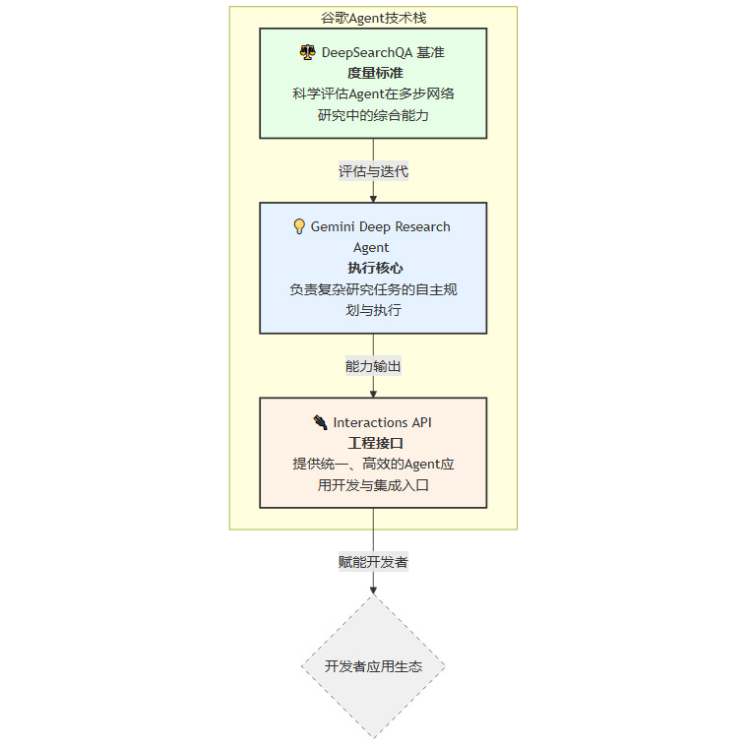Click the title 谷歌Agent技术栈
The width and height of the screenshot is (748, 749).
click(373, 18)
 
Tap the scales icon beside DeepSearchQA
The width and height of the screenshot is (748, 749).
click(307, 52)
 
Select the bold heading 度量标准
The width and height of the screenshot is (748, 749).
click(374, 73)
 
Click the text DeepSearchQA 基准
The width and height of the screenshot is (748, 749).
click(383, 52)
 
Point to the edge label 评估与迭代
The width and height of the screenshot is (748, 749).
click(373, 171)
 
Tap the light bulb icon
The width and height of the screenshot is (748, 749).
click(299, 226)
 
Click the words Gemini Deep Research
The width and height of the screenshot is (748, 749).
click(380, 226)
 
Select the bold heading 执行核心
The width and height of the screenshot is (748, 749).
click(374, 268)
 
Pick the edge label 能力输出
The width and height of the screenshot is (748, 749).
click(373, 366)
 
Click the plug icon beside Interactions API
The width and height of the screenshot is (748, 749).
click(320, 422)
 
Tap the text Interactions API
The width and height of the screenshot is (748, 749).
click(382, 422)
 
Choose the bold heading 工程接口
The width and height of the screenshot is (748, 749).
click(374, 443)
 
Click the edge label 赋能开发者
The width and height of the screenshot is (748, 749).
click(373, 562)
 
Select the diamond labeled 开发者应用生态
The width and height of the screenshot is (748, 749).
click(373, 666)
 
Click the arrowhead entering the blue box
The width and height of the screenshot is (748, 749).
click(373, 198)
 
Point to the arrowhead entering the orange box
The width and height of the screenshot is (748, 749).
click(373, 393)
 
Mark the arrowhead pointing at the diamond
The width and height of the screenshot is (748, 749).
click(373, 590)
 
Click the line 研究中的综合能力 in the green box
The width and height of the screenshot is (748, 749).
click(373, 115)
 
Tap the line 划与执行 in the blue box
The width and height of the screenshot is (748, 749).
click(373, 310)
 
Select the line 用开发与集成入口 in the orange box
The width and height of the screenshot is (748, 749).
click(373, 485)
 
